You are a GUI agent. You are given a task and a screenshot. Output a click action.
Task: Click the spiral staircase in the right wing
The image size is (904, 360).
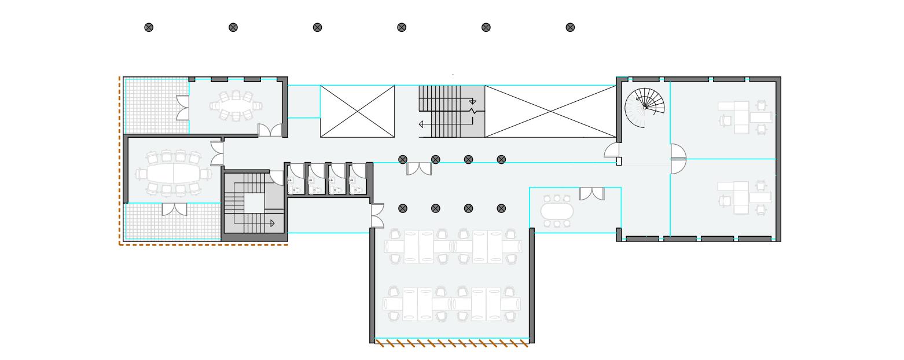tap(645, 107)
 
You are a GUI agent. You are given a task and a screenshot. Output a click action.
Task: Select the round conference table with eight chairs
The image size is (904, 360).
tap(236, 106)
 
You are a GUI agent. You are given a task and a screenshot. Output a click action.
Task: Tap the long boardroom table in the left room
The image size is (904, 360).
tap(173, 173)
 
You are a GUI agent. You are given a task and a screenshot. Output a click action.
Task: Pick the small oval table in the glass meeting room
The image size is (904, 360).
tap(557, 211)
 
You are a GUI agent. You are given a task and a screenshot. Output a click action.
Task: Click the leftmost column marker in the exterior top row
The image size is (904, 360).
tap(149, 27)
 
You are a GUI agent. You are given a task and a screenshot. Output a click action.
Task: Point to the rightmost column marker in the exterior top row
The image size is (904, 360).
tap(570, 27)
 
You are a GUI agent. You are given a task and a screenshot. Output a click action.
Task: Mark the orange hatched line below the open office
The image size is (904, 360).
tap(452, 343)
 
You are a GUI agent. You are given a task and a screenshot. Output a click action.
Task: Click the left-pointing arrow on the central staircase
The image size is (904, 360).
tap(422, 124)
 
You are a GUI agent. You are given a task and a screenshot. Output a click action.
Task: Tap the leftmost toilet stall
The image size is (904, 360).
tap(296, 179)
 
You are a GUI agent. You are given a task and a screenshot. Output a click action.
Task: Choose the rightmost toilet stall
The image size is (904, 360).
tap(358, 179)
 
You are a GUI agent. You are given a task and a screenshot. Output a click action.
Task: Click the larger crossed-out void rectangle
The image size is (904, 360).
tap(550, 111)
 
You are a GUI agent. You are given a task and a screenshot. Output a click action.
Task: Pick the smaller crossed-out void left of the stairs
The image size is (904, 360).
tap(357, 111)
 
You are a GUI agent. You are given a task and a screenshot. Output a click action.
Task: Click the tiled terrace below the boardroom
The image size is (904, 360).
tap(172, 222)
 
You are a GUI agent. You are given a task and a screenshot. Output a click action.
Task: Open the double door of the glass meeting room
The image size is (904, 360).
tap(591, 194)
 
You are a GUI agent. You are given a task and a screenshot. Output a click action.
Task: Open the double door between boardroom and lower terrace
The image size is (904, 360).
tap(174, 209)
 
